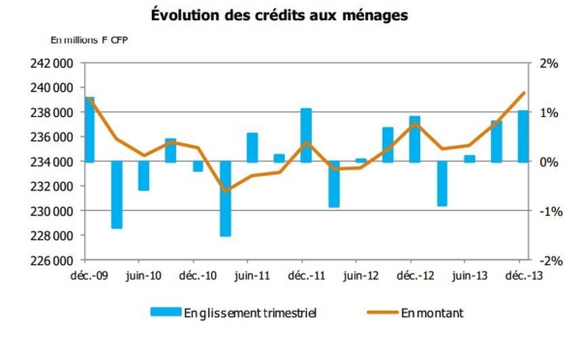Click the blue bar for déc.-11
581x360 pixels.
(x=306, y=135)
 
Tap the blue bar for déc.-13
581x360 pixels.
(x=523, y=135)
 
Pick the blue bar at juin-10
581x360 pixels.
(x=143, y=175)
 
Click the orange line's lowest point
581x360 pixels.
(x=226, y=191)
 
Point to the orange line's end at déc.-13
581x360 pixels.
(x=524, y=93)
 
